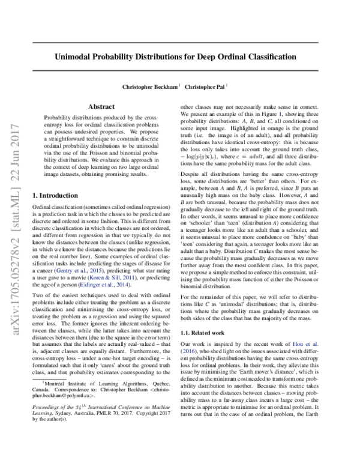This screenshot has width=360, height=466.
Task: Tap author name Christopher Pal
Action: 205,86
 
